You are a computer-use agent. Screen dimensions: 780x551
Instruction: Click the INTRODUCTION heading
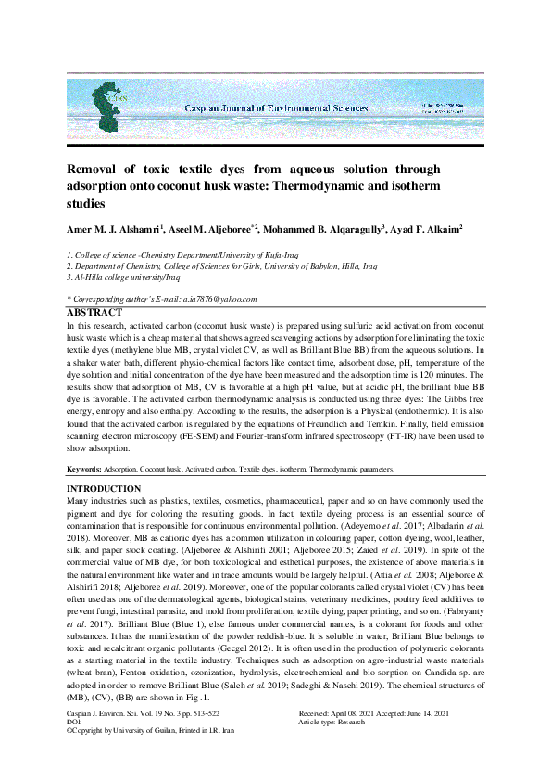(104, 488)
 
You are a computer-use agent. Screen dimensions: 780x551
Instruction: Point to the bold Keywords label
(85, 470)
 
